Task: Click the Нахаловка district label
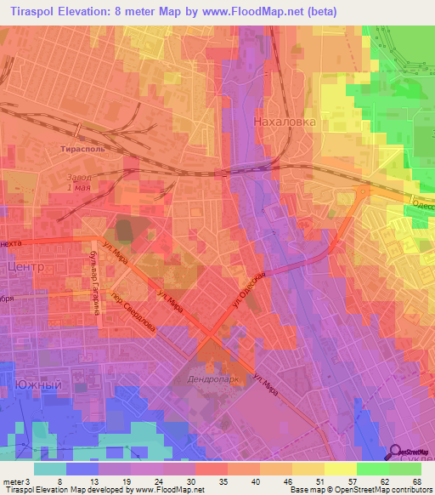click(285, 122)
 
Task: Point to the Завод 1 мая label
click(78, 182)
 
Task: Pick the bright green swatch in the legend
click(372, 469)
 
